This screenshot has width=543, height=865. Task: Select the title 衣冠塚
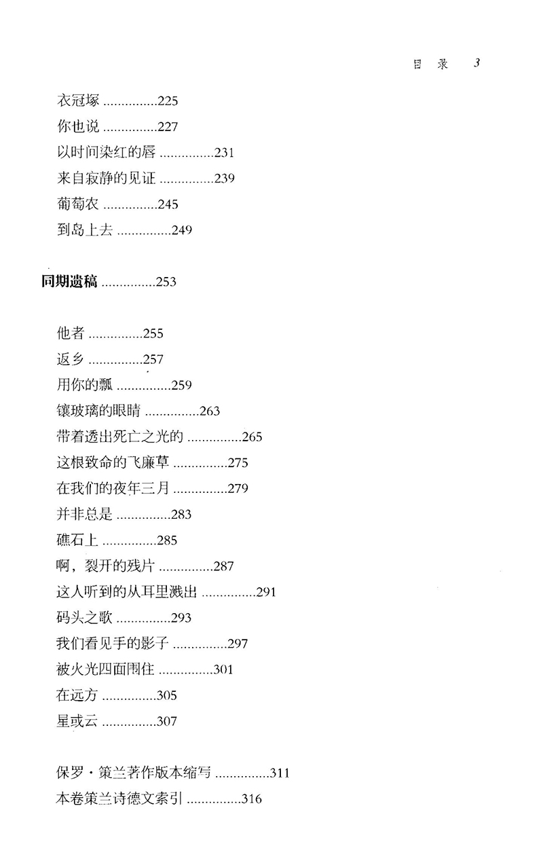79,100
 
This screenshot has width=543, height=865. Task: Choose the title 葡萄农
79,204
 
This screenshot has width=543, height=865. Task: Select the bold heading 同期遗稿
68,282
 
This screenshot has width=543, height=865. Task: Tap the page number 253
166,282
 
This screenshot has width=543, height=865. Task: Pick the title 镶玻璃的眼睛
99,411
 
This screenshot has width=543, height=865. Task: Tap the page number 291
267,592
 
